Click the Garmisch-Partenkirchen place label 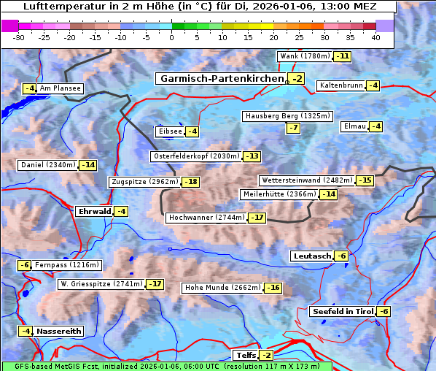click(222, 79)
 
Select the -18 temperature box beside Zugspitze click(190, 182)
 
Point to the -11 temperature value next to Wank click(342, 56)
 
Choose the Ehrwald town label click(94, 211)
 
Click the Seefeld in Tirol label click(342, 311)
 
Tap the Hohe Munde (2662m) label click(222, 288)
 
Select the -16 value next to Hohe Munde click(273, 288)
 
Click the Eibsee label click(169, 131)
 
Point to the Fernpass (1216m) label click(67, 265)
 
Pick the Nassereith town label click(58, 331)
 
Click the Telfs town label click(246, 356)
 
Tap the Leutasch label click(311, 256)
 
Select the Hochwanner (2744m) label click(206, 218)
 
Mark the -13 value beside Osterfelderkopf click(252, 156)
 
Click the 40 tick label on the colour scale click(375, 37)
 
